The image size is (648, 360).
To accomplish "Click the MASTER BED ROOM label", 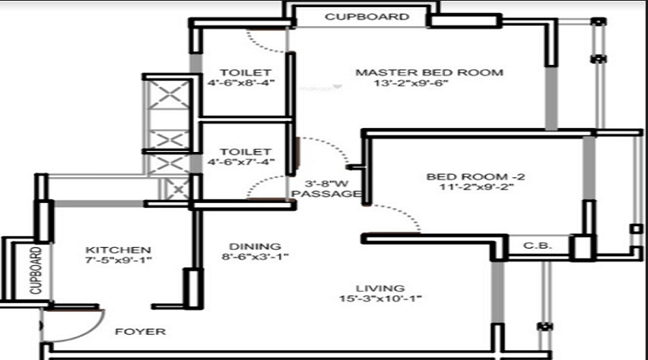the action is [429, 73].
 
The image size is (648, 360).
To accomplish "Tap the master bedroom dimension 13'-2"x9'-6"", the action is [411, 83].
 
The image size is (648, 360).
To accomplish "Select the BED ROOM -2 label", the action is [476, 177].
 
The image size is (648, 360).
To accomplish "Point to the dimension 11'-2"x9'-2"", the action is [476, 186].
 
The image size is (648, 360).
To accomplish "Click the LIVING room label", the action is [380, 289].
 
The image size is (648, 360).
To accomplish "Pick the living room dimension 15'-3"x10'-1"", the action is [380, 298].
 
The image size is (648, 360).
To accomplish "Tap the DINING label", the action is [255, 247].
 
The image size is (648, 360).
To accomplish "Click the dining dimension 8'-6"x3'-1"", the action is [255, 256].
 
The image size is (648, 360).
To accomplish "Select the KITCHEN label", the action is [118, 250].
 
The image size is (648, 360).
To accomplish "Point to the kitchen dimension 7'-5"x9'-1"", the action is [119, 260].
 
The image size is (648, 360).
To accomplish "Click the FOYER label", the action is [140, 331].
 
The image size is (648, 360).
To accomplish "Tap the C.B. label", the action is [537, 246].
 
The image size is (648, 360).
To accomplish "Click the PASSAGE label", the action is [326, 194].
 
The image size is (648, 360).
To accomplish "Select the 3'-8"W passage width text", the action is [326, 184].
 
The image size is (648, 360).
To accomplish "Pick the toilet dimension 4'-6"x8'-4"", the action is [241, 83].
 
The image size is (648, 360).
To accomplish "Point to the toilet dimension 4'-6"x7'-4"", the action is [241, 162].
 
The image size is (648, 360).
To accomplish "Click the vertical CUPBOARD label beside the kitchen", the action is [37, 271].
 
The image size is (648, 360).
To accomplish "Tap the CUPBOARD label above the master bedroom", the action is [367, 17].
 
